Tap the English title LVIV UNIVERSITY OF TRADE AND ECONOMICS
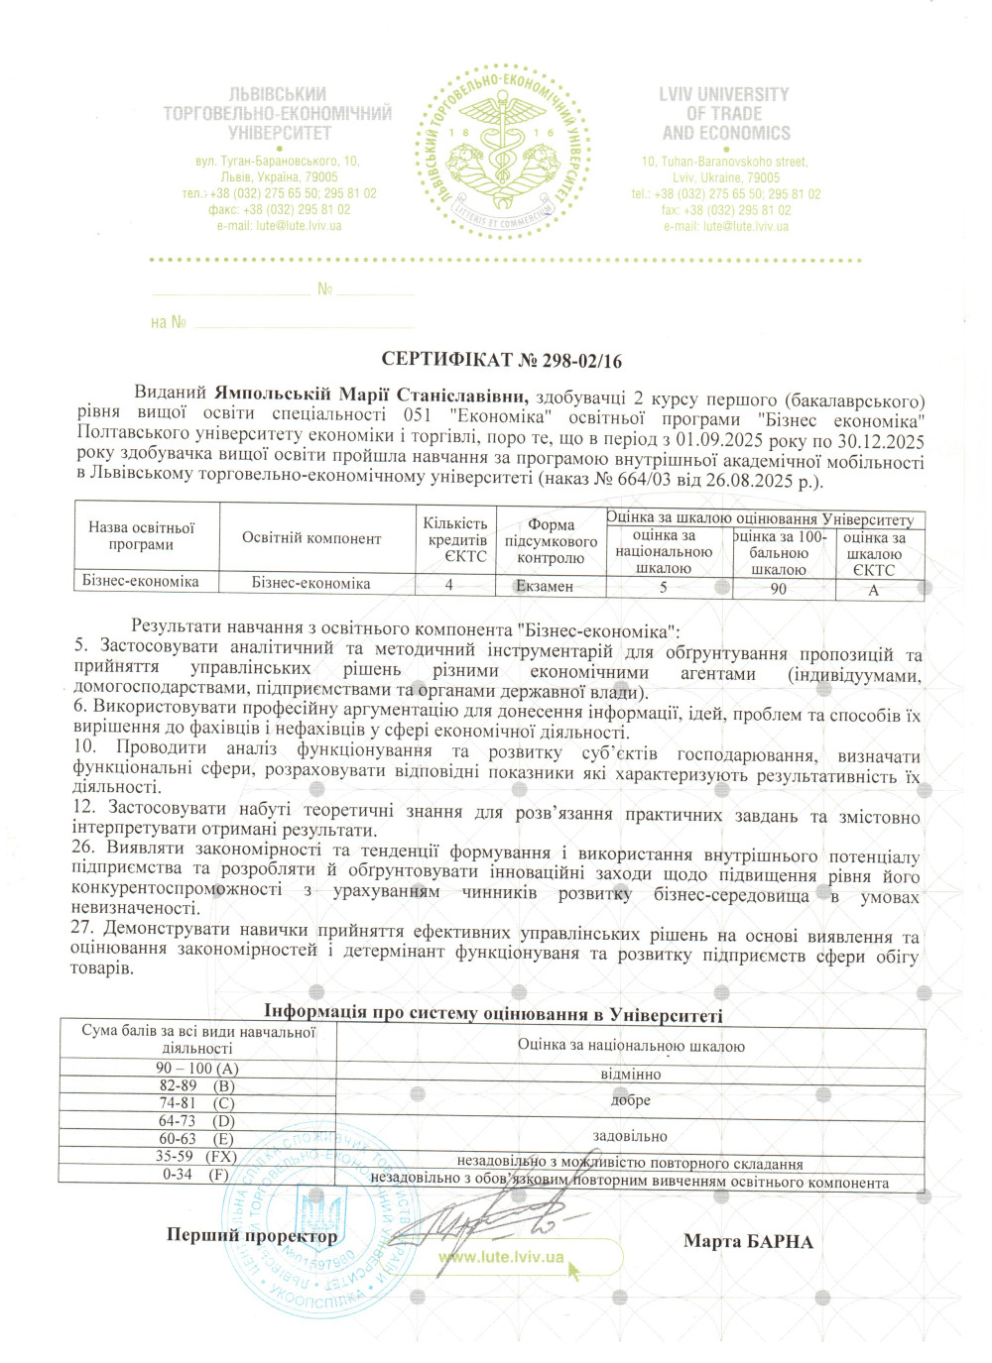725,114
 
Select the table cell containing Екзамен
545,586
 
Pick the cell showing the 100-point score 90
779,589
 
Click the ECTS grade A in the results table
874,590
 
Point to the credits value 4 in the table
449,585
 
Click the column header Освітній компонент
311,538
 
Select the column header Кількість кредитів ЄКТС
454,539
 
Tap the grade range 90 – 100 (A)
197,1069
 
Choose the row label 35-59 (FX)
196,1157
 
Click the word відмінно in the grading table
630,1075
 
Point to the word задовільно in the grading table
630,1136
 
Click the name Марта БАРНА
748,1242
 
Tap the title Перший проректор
252,1236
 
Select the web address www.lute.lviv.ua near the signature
501,1258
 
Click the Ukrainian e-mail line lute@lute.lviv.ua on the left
279,226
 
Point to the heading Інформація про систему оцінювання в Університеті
493,1013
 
